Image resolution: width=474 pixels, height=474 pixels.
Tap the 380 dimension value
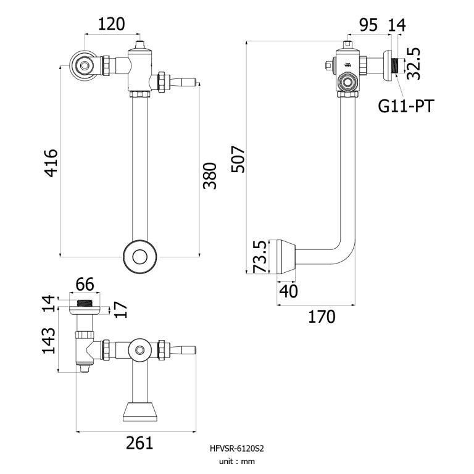click(210, 175)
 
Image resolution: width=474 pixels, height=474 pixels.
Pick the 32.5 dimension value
click(415, 61)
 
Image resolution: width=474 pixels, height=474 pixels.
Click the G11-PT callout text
click(405, 106)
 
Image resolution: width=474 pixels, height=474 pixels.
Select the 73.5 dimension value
click(260, 256)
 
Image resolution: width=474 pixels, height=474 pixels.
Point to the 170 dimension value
click(322, 317)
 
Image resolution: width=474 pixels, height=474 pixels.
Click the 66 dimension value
click(84, 285)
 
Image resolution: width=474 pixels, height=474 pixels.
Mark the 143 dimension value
click(49, 340)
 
